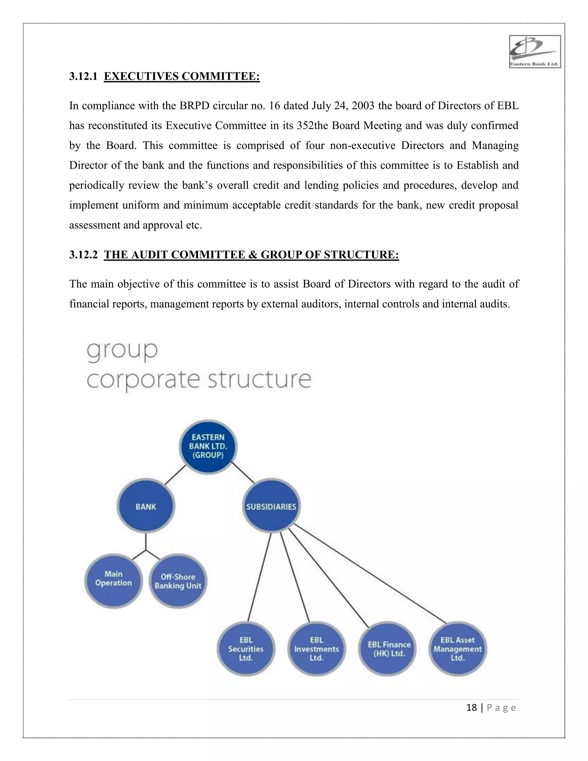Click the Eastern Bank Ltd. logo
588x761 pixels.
click(x=535, y=52)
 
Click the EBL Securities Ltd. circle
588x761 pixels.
click(x=246, y=649)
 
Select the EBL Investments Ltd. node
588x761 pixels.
click(x=317, y=649)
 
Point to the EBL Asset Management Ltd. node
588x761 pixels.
click(x=457, y=649)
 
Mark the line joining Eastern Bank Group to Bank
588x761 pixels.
click(x=175, y=475)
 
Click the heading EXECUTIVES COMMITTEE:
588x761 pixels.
click(x=181, y=76)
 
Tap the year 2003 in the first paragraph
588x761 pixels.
click(x=363, y=106)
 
